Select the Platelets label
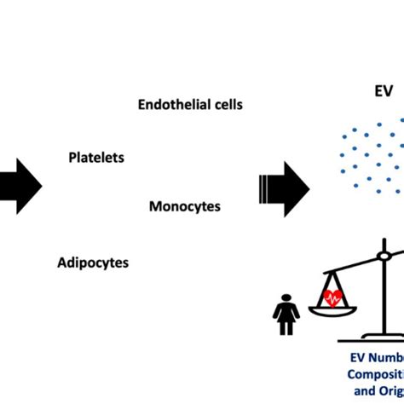click(96, 158)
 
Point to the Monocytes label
click(185, 206)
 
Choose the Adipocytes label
click(93, 263)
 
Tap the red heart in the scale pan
click(333, 297)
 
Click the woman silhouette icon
click(286, 315)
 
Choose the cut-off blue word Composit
click(375, 374)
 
